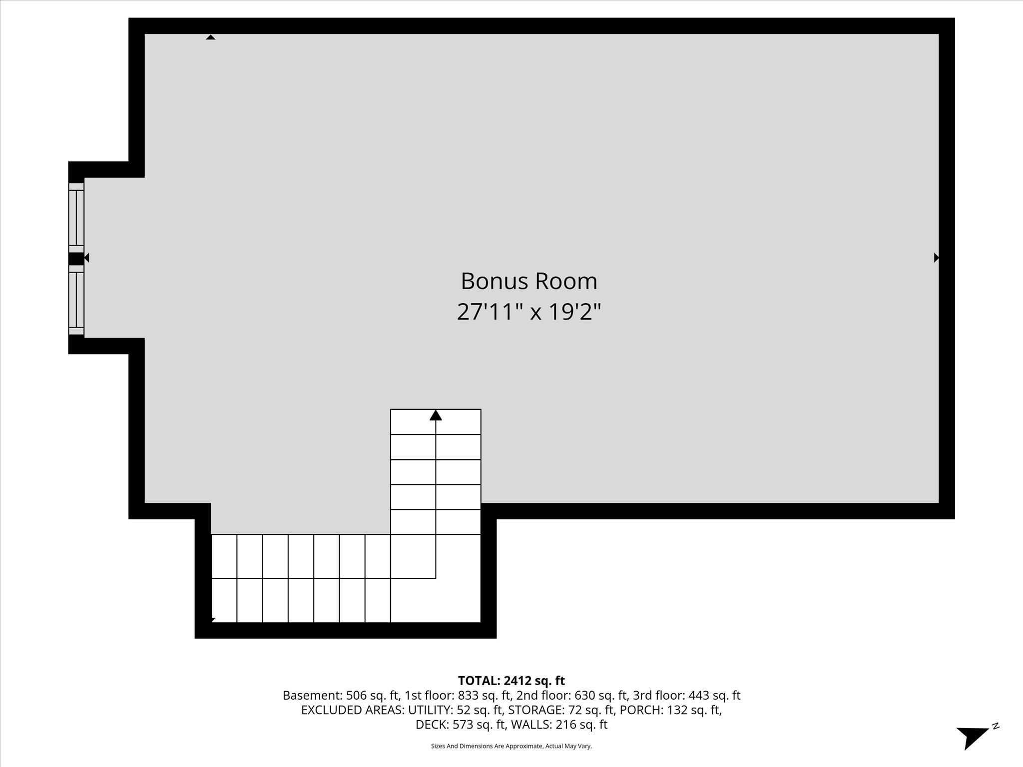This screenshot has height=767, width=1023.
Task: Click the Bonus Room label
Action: click(528, 281)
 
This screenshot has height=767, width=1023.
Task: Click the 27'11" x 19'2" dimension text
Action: click(528, 313)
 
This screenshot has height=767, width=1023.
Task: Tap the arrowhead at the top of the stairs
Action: click(436, 415)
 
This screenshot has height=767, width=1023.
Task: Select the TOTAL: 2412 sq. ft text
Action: click(511, 681)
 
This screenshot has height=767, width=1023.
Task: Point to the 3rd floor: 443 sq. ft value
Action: click(686, 695)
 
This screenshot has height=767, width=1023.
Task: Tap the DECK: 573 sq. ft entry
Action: click(460, 725)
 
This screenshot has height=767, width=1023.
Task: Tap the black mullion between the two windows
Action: click(75, 259)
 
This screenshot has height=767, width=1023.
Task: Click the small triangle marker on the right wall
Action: click(936, 258)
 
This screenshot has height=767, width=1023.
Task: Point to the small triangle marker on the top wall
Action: click(211, 37)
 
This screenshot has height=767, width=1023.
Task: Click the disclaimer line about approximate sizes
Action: click(511, 746)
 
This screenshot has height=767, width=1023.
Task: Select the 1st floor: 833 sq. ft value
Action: click(458, 695)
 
